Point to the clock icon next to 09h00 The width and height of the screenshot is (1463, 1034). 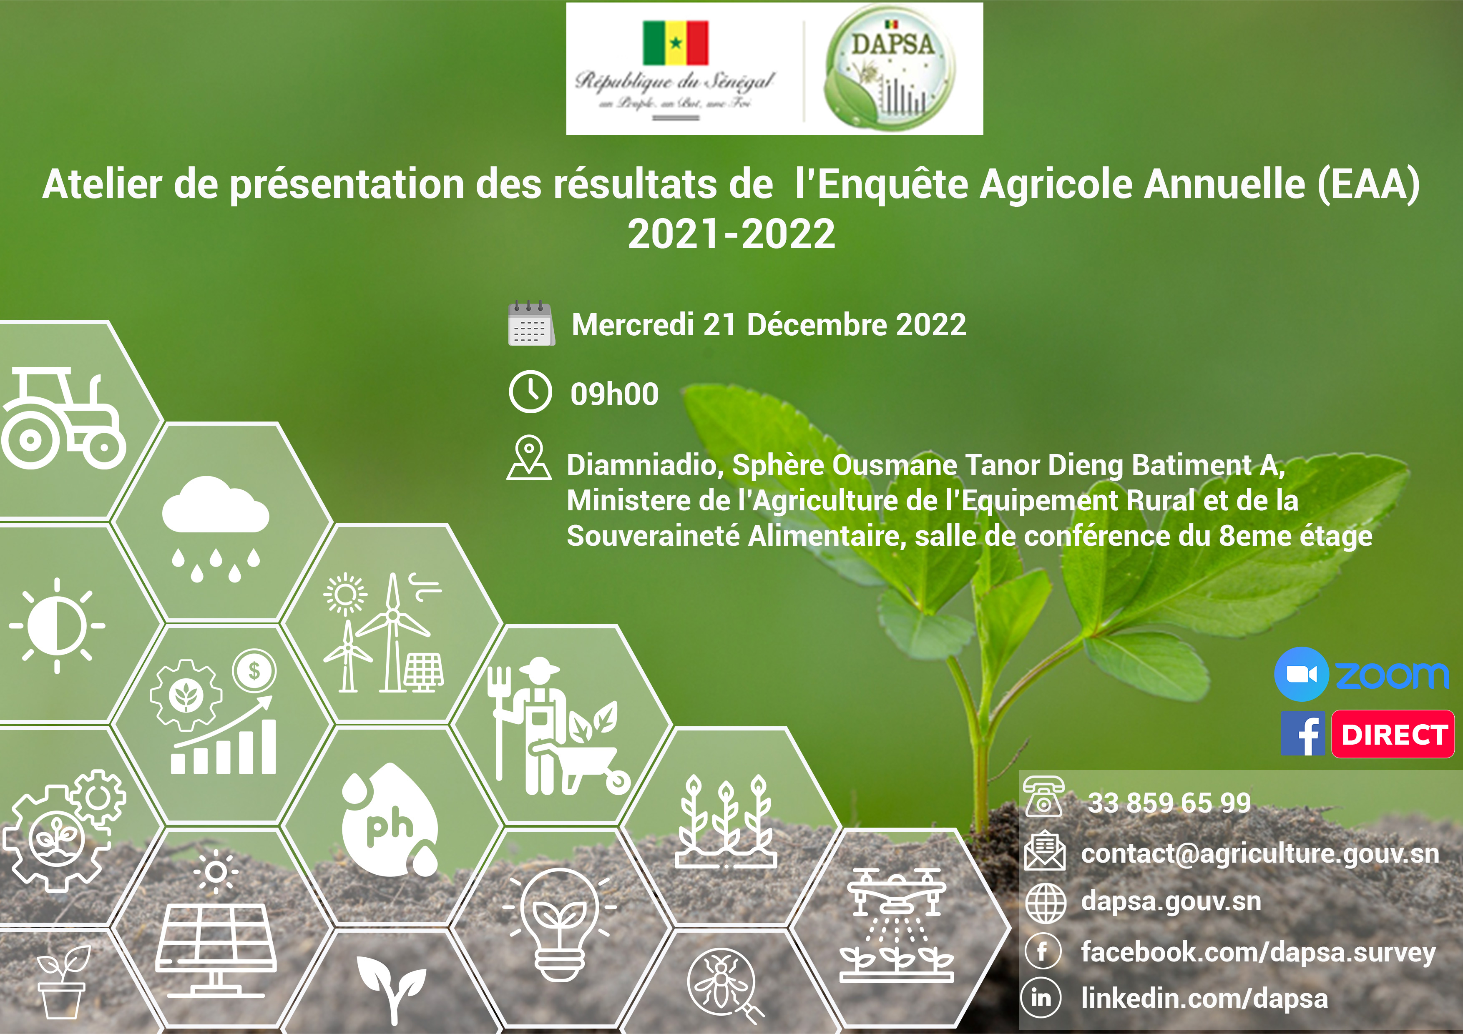tap(530, 392)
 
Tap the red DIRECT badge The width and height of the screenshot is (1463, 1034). tap(1393, 735)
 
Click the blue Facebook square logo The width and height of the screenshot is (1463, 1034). tap(1303, 734)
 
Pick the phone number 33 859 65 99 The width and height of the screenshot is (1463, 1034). tap(1169, 803)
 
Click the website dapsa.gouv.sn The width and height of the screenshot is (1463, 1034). tap(1171, 901)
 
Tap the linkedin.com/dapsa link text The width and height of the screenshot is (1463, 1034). tap(1204, 998)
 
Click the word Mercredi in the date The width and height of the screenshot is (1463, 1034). tap(632, 325)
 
